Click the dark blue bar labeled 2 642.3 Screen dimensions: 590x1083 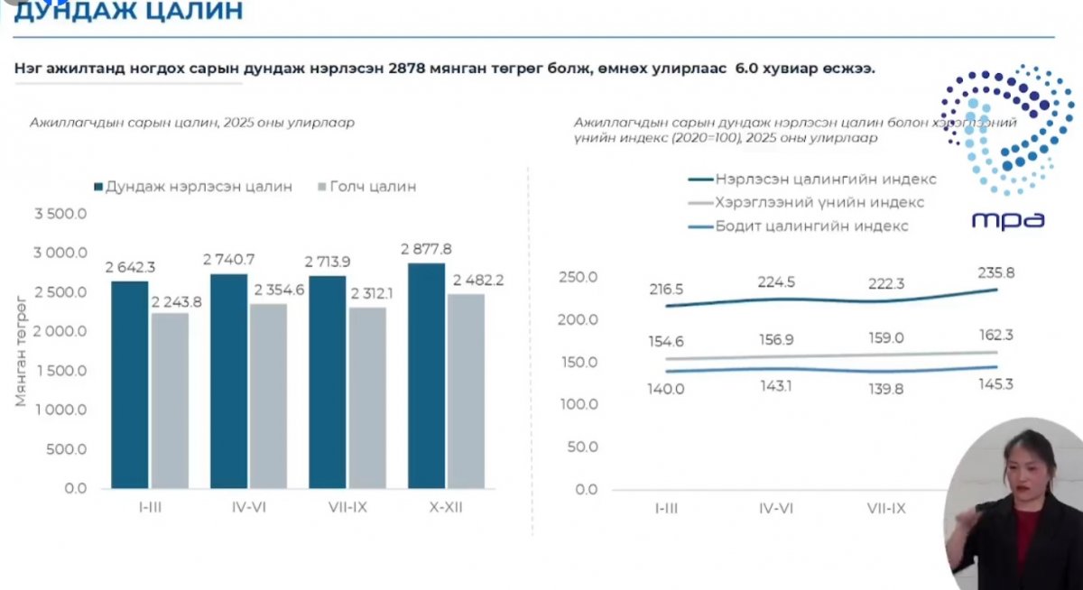click(129, 385)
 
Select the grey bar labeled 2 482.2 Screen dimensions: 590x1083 click(466, 392)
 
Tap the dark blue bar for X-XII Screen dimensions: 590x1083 click(426, 376)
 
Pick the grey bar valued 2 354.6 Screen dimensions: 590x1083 click(268, 396)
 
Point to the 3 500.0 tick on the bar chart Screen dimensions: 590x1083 click(60, 215)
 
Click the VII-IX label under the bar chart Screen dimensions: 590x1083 click(347, 508)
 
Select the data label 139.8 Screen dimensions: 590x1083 click(886, 389)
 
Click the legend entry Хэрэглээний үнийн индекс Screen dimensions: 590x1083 click(819, 203)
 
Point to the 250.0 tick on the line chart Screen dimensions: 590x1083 click(579, 277)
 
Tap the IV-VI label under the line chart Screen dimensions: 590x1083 click(776, 509)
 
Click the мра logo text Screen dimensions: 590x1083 click(1008, 219)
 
